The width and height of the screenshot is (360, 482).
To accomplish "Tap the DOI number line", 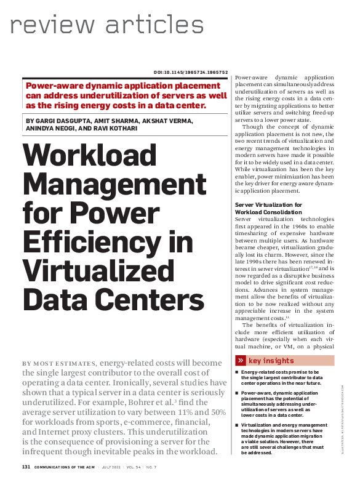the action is (x=190, y=72).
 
